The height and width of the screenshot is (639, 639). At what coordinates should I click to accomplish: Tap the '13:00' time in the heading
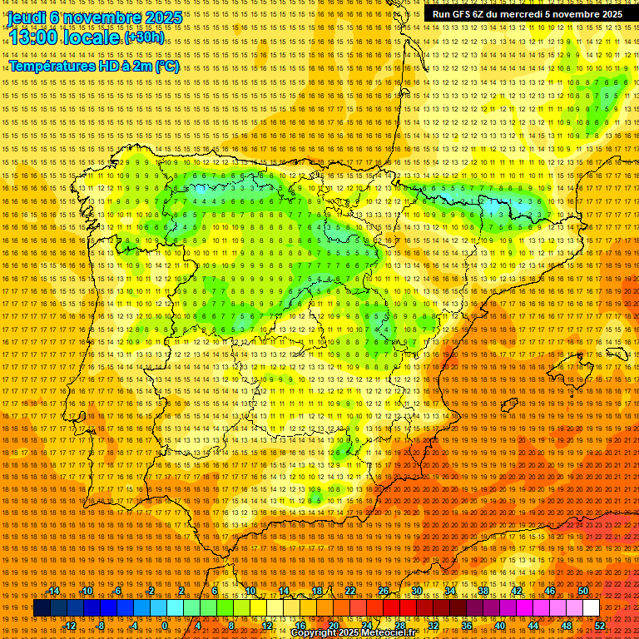click(x=34, y=37)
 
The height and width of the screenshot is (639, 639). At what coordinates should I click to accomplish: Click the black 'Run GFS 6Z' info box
click(x=527, y=14)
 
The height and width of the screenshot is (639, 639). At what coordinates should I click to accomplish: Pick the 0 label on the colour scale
click(x=166, y=626)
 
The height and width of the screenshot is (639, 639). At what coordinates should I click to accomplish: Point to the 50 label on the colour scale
click(x=583, y=592)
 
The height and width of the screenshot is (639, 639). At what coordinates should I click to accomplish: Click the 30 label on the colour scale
click(x=416, y=592)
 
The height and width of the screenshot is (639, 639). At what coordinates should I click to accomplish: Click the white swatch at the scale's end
click(x=591, y=608)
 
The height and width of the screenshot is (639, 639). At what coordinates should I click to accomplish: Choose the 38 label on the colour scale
click(x=483, y=592)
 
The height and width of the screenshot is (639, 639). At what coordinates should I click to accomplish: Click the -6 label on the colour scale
click(x=118, y=592)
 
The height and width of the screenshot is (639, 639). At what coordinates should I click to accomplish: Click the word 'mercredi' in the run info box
click(x=523, y=14)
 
